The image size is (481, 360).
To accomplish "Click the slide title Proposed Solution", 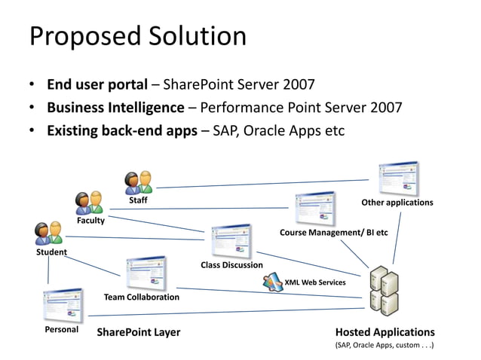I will click(137, 36).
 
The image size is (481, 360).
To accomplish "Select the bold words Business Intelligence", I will click(115, 107).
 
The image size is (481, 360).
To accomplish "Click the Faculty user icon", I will click(89, 203).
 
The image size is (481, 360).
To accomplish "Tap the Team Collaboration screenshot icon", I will click(146, 273).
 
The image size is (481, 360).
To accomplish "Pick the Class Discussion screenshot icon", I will click(231, 241).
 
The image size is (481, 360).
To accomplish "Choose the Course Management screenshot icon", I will click(314, 209).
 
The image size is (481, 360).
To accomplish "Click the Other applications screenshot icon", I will click(397, 178).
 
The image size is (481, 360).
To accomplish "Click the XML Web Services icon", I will click(272, 282).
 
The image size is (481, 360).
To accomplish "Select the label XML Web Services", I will click(314, 282).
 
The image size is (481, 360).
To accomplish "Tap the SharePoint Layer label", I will click(139, 332).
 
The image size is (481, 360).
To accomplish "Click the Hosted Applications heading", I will click(384, 332).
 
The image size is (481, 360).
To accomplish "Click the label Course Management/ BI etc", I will click(333, 233).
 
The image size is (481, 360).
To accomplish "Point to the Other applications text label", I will click(397, 203).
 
